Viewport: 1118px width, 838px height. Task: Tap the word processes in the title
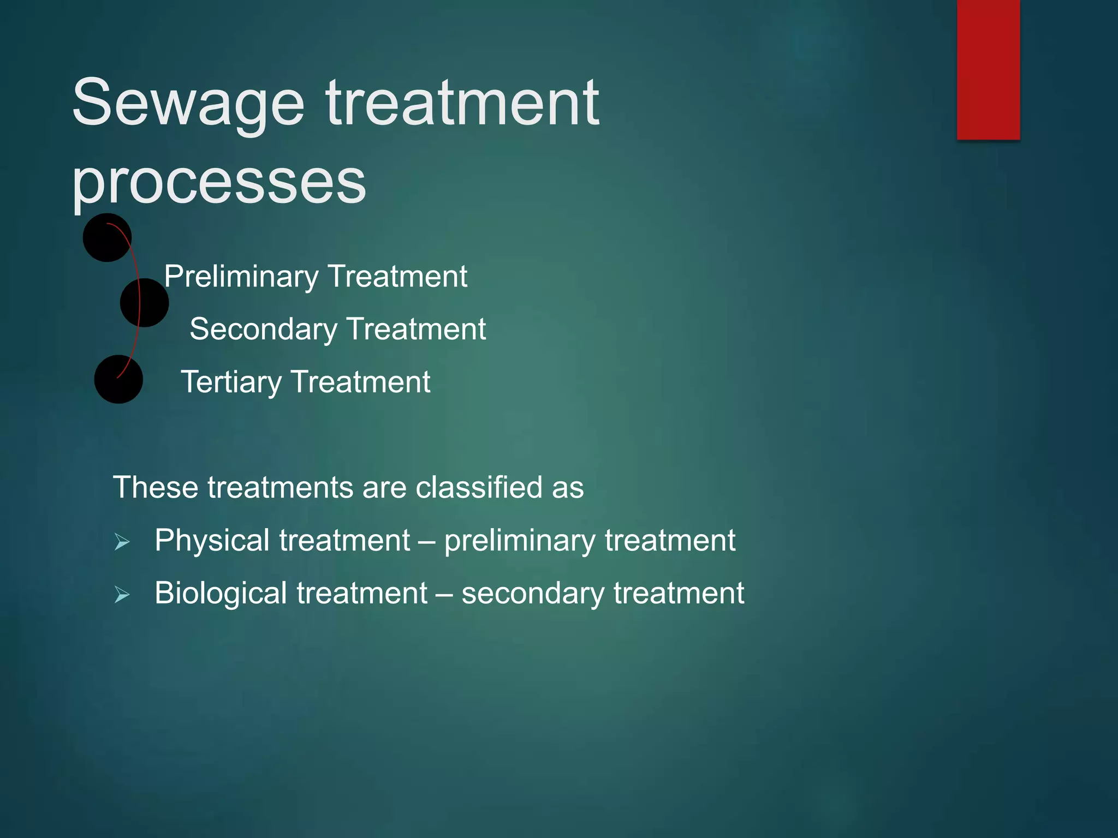point(218,183)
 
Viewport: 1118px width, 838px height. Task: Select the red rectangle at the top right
point(988,69)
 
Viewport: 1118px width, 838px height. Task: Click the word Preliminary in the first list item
point(241,277)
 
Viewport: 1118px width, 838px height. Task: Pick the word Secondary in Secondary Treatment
point(263,330)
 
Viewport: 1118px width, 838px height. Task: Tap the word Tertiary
point(231,382)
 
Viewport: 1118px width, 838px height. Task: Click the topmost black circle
point(106,237)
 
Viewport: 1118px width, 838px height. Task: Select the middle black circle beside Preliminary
point(144,303)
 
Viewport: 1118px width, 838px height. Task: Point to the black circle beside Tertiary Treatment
point(118,379)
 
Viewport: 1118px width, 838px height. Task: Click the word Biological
point(221,593)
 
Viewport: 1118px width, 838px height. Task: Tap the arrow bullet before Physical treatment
point(122,542)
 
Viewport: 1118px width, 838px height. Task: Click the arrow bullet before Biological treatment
point(122,595)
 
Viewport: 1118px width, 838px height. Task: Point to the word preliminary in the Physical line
point(520,541)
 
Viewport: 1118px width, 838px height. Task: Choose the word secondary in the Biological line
point(533,594)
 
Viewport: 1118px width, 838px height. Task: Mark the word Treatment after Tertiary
point(361,382)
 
